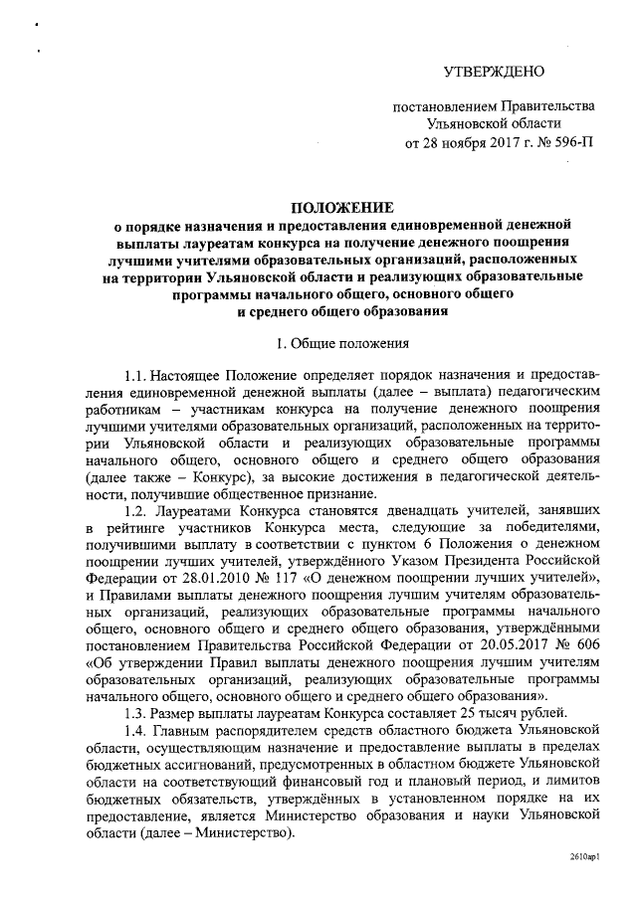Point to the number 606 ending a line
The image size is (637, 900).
click(x=585, y=642)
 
